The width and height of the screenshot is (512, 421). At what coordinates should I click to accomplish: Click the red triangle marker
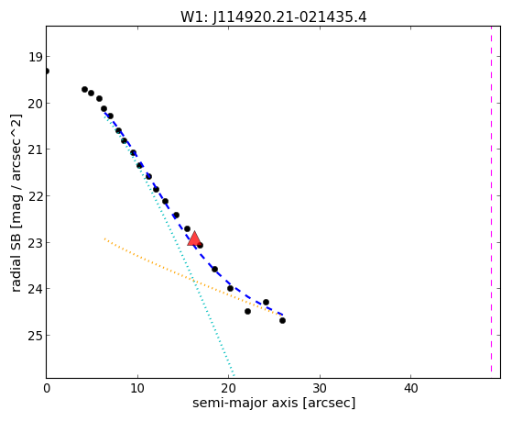[194, 238]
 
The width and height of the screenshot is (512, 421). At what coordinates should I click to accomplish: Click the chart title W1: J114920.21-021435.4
[274, 17]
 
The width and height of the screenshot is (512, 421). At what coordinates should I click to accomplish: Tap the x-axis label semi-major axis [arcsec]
[274, 403]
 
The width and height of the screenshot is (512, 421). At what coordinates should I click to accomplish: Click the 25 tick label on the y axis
[36, 336]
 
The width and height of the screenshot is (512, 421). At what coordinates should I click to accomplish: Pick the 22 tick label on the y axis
[36, 196]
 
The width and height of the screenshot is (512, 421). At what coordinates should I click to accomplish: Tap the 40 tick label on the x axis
[410, 389]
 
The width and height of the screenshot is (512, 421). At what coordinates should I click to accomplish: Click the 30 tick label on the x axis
[320, 389]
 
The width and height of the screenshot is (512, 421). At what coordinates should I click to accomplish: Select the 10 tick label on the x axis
[137, 389]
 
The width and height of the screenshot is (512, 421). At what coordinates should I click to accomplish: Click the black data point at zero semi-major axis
[47, 71]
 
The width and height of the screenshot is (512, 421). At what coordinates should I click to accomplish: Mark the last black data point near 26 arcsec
[282, 321]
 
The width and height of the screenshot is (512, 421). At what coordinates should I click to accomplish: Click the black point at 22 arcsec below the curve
[247, 312]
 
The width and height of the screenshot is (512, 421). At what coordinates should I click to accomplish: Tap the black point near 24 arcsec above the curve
[266, 303]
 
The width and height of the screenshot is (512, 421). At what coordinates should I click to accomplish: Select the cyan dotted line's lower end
[234, 374]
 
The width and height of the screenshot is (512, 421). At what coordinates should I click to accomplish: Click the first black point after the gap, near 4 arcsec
[84, 89]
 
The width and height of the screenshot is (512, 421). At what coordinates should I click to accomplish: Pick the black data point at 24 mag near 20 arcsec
[230, 289]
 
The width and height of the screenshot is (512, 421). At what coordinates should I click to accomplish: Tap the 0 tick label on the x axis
[47, 389]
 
